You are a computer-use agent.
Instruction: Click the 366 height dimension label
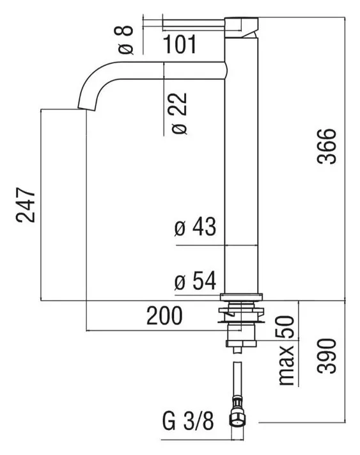[x=327, y=147]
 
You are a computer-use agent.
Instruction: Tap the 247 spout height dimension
[x=26, y=205]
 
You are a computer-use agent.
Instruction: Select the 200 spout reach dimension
[x=164, y=315]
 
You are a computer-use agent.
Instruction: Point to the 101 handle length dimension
[x=180, y=44]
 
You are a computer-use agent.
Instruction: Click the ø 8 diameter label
[x=126, y=40]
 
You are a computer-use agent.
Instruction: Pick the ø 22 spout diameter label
[x=180, y=113]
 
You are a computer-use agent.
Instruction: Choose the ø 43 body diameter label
[x=195, y=227]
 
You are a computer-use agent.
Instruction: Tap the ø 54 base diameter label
[x=195, y=280]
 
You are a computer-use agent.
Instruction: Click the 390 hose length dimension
[x=327, y=355]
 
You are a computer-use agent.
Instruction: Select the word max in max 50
[x=286, y=365]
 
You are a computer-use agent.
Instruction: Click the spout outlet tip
[x=86, y=109]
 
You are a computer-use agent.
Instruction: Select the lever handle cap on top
[x=241, y=28]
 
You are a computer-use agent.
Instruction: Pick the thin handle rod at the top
[x=194, y=24]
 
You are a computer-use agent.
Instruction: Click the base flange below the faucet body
[x=241, y=297]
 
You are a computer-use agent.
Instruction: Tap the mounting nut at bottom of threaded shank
[x=241, y=344]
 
